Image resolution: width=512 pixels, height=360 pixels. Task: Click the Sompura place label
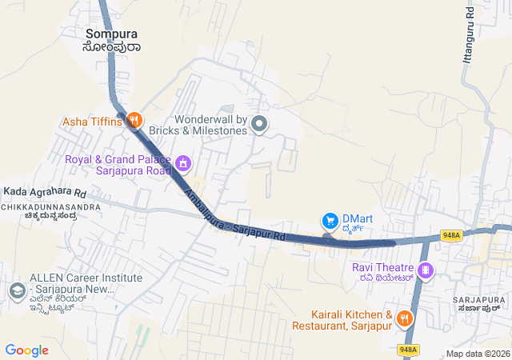coord(112,34)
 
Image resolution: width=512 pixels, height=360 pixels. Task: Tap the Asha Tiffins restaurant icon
coord(134,121)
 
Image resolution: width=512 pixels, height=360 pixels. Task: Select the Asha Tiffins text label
coord(93,122)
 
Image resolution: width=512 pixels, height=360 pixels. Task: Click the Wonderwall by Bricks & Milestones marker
coord(259,123)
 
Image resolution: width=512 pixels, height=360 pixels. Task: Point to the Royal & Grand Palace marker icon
coord(183,164)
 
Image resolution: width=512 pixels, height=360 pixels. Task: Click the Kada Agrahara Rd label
coord(44,192)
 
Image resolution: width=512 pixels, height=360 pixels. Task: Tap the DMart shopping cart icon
coord(329,220)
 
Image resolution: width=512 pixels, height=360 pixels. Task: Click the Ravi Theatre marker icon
coord(426,270)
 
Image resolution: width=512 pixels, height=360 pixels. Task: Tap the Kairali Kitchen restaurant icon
coord(404,318)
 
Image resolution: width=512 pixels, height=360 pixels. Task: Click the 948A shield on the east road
coord(451,235)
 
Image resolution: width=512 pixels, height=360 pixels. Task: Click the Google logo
coord(26,350)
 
